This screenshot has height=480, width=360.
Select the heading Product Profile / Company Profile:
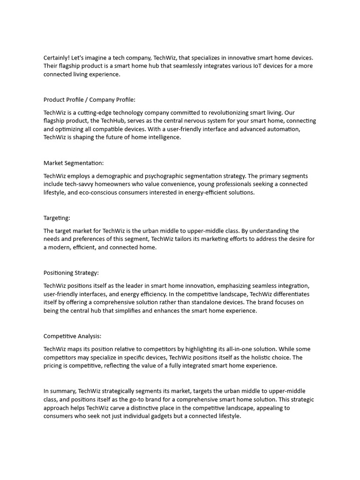point(89,99)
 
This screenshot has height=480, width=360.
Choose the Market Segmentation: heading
point(74,163)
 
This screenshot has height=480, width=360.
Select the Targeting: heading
point(57,218)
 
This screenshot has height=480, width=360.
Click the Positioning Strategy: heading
point(71,273)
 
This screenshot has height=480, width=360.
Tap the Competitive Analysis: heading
point(72,336)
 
